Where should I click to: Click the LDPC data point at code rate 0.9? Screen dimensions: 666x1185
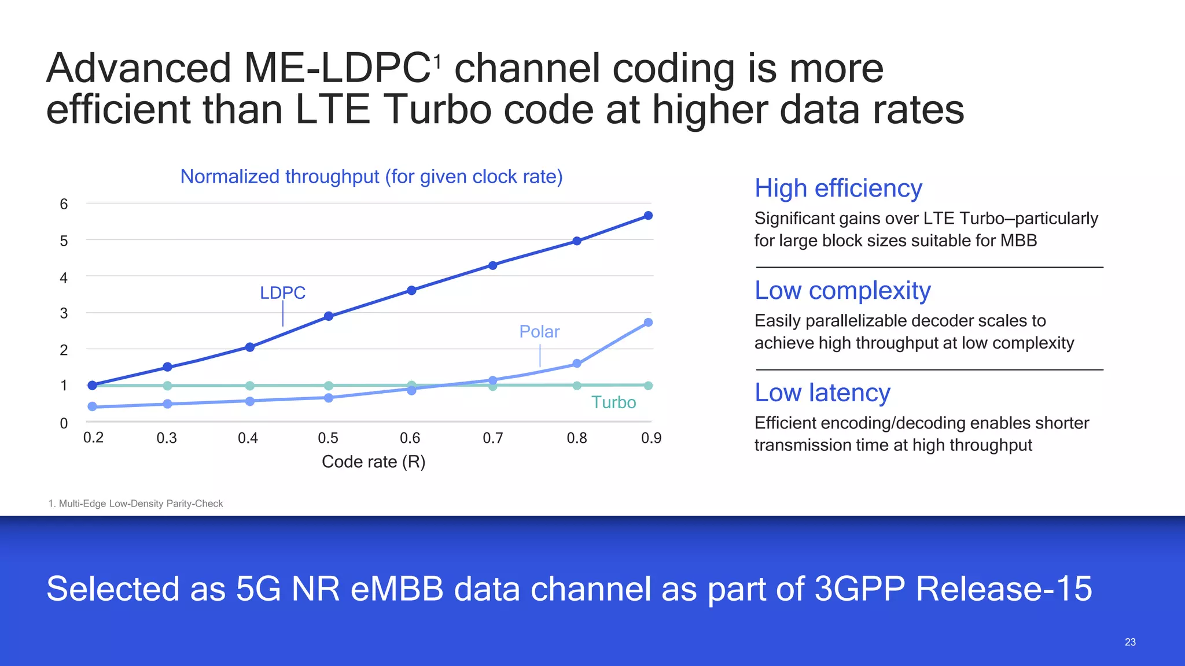[x=648, y=216]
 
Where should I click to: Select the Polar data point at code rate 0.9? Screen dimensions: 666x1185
[x=648, y=323]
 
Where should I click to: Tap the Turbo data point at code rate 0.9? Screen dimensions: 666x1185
[x=648, y=386]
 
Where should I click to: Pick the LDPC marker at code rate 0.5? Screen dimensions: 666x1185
[x=329, y=316]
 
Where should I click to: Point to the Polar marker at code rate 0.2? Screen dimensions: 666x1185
[x=92, y=406]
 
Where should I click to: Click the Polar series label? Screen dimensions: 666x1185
[x=539, y=332]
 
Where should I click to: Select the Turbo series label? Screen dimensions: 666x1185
[x=613, y=402]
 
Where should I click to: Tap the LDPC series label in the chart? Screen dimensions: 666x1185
[x=282, y=293]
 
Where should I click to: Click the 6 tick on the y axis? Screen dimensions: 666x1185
[x=64, y=204]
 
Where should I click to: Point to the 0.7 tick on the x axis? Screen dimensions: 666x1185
[x=493, y=438]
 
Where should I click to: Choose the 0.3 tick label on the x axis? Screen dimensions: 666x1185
[x=167, y=438]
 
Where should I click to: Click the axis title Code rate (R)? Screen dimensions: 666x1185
[x=373, y=462]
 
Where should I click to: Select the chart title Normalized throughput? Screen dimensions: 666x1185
[x=371, y=176]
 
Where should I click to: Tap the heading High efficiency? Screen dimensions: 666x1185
[x=838, y=188]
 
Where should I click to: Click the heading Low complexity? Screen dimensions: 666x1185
[x=842, y=291]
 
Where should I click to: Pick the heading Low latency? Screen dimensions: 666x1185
[x=822, y=393]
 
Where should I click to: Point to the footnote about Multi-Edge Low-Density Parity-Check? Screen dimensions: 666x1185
[x=135, y=504]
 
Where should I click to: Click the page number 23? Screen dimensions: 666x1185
[x=1130, y=642]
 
